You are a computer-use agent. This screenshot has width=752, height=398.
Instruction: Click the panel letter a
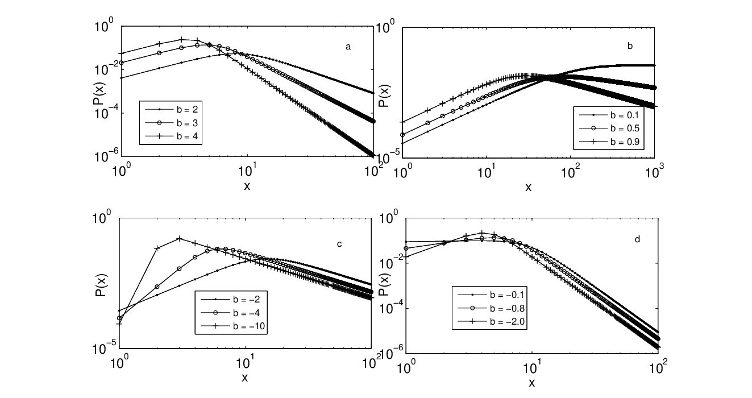click(x=348, y=47)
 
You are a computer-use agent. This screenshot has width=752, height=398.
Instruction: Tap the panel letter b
click(x=630, y=46)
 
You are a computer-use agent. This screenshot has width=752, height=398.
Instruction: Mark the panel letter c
click(x=339, y=244)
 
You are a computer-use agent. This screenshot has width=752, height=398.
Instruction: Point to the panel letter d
click(x=637, y=239)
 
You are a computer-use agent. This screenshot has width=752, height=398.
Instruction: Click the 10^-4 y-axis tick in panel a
click(x=106, y=113)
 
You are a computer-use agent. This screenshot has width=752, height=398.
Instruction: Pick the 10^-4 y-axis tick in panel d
click(x=392, y=307)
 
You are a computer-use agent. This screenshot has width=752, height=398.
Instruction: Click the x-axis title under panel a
click(x=247, y=186)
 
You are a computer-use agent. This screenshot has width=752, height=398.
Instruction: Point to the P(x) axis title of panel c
click(x=101, y=285)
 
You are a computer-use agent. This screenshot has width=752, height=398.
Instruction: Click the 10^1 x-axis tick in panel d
click(x=532, y=367)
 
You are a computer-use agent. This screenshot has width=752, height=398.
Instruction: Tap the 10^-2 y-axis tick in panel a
click(x=106, y=69)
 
